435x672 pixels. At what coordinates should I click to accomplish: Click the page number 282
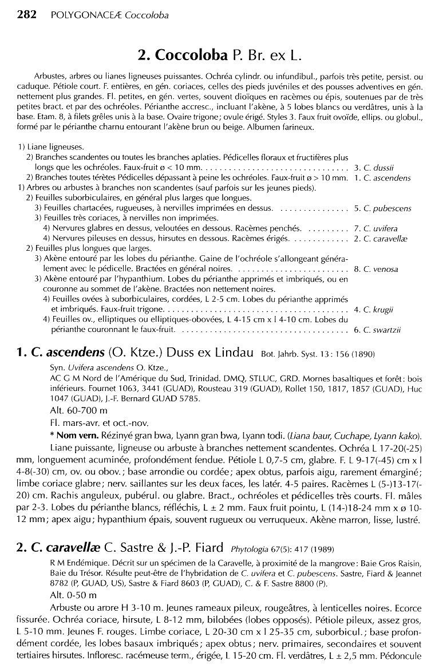(x=27, y=14)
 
